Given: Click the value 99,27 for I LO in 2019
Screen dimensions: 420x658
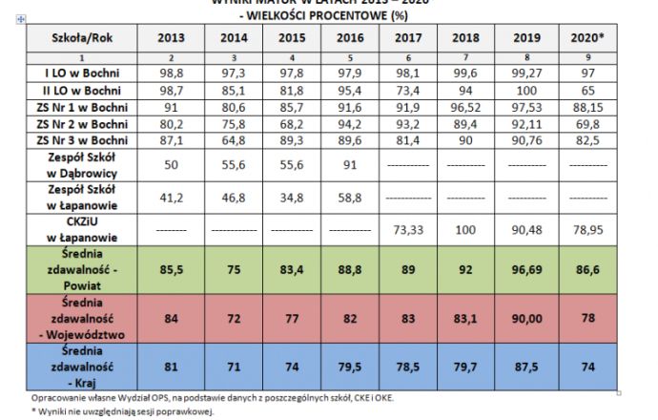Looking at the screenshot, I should [x=533, y=73].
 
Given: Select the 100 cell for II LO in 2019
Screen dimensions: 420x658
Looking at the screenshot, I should [x=533, y=90].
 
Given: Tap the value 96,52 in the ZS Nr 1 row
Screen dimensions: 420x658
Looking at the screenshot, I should [x=469, y=106].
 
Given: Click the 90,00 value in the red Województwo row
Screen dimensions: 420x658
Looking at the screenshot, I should [x=533, y=317].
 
